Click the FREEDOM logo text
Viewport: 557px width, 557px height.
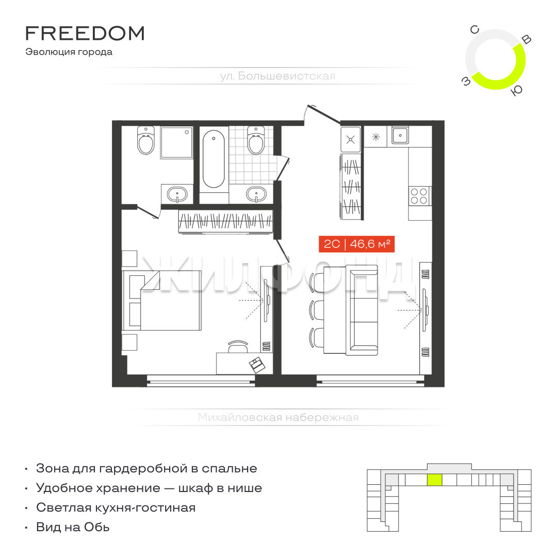pyautogui.click(x=85, y=34)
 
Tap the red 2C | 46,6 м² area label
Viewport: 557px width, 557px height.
pyautogui.click(x=357, y=244)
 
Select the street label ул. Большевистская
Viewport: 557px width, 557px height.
pyautogui.click(x=277, y=76)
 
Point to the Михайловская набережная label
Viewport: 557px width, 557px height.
pyautogui.click(x=278, y=417)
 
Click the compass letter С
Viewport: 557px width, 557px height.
pyautogui.click(x=474, y=30)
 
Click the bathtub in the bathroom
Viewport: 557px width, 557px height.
pyautogui.click(x=214, y=159)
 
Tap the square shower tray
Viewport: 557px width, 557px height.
pyautogui.click(x=176, y=142)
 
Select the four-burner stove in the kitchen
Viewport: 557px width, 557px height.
pyautogui.click(x=419, y=196)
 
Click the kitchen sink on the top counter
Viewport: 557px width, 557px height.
pyautogui.click(x=400, y=135)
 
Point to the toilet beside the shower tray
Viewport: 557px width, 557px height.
pyautogui.click(x=145, y=140)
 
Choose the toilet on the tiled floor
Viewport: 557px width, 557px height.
pyautogui.click(x=256, y=140)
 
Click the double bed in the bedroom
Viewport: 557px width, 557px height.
pyautogui.click(x=162, y=301)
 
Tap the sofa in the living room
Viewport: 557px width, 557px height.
pyautogui.click(x=364, y=310)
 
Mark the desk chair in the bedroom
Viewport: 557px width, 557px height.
pyautogui.click(x=238, y=347)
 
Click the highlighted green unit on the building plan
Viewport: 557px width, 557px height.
pyautogui.click(x=434, y=480)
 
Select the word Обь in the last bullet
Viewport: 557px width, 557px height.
pyautogui.click(x=96, y=527)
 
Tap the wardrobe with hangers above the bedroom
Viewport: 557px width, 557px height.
pyautogui.click(x=225, y=221)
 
